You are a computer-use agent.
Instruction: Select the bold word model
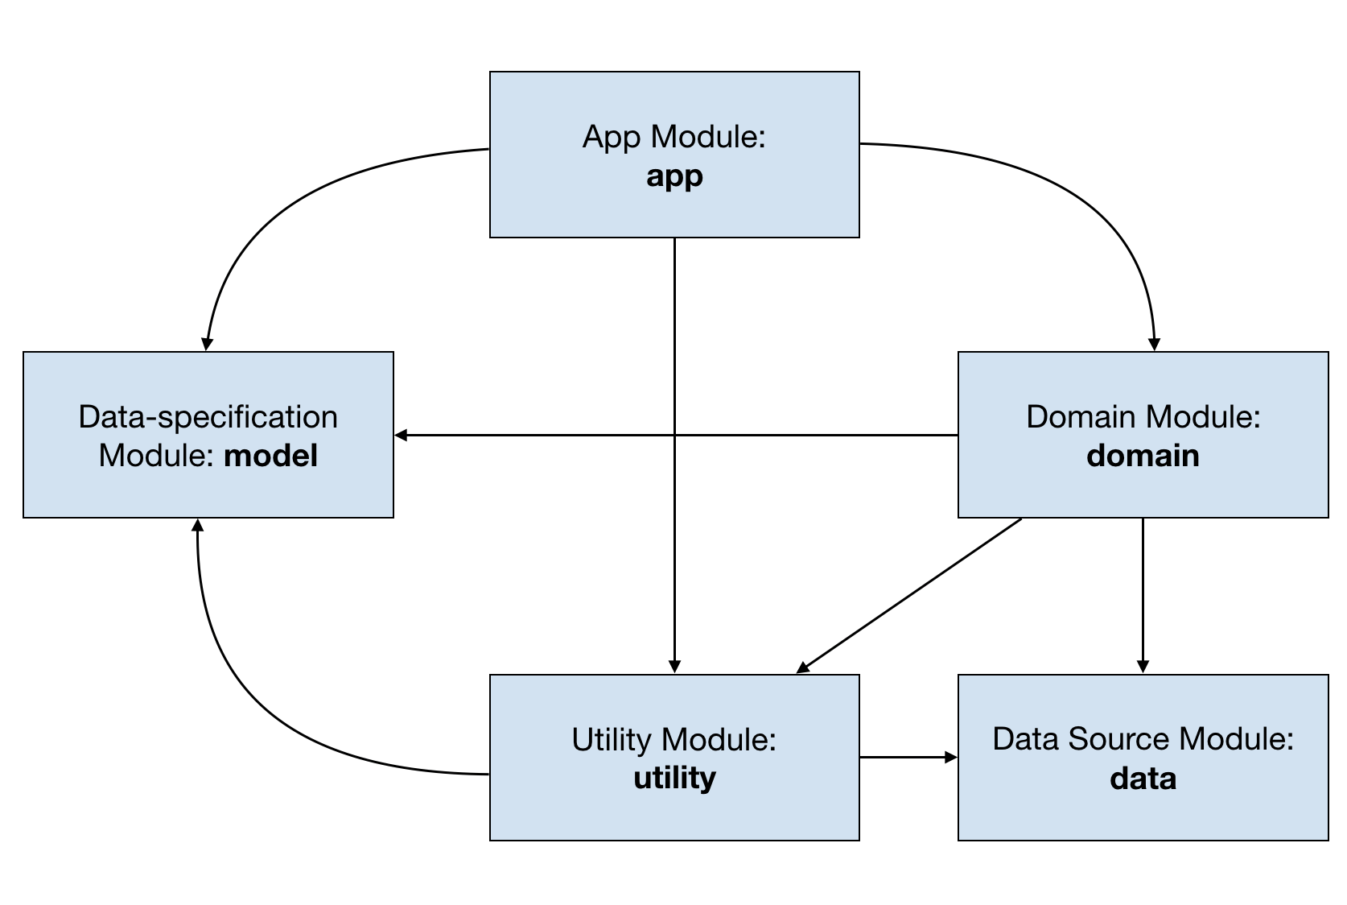(x=270, y=456)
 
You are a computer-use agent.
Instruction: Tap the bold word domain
(x=1143, y=456)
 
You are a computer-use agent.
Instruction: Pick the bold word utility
(x=674, y=778)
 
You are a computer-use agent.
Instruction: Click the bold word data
(x=1143, y=778)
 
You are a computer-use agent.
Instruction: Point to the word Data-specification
(x=208, y=417)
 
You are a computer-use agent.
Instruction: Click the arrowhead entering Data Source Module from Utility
(x=951, y=757)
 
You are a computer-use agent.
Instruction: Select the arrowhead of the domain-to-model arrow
(x=401, y=435)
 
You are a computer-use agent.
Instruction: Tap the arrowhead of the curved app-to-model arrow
(x=207, y=344)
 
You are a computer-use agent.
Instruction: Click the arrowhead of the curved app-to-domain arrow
(x=1154, y=345)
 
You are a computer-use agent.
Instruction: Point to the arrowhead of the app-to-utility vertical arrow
(x=674, y=667)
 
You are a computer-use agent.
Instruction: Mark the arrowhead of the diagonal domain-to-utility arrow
(x=803, y=667)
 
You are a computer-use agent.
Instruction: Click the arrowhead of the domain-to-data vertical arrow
(x=1143, y=667)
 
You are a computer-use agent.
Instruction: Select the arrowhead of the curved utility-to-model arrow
(x=197, y=525)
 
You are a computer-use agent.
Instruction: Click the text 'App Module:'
(x=674, y=137)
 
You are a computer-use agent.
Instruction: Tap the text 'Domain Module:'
(x=1143, y=416)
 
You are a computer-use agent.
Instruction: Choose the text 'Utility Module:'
(x=674, y=739)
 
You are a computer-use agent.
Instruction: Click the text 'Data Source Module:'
(x=1143, y=739)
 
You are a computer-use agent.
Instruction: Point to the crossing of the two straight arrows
(x=674, y=435)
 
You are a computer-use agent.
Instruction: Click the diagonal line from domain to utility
(x=909, y=595)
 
